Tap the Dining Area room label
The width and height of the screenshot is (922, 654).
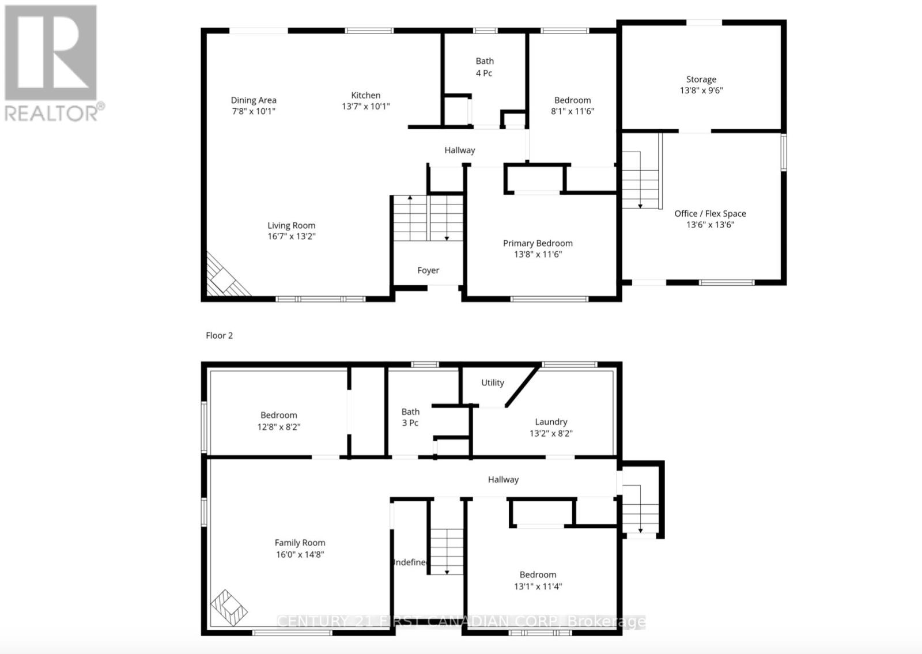pyautogui.click(x=254, y=100)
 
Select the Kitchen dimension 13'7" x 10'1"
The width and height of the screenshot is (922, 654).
pyautogui.click(x=366, y=107)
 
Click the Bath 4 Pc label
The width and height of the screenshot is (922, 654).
pyautogui.click(x=484, y=67)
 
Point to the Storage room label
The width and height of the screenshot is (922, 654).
pyautogui.click(x=701, y=80)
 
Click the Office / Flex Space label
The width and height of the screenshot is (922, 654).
pyautogui.click(x=710, y=214)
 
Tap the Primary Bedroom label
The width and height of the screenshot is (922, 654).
pyautogui.click(x=538, y=243)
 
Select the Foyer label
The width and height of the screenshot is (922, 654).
pyautogui.click(x=428, y=270)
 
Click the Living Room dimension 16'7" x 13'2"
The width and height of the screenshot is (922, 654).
pyautogui.click(x=292, y=236)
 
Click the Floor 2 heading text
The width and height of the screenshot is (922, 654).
pyautogui.click(x=219, y=335)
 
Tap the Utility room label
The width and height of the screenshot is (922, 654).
pyautogui.click(x=493, y=383)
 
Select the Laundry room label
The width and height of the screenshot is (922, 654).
pyautogui.click(x=551, y=422)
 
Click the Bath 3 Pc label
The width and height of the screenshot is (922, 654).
pyautogui.click(x=410, y=417)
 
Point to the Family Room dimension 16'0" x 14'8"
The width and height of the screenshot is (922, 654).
pyautogui.click(x=300, y=554)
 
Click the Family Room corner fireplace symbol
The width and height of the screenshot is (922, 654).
pyautogui.click(x=229, y=608)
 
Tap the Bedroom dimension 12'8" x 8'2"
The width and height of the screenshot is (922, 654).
pyautogui.click(x=279, y=427)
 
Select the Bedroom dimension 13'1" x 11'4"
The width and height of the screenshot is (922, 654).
pyautogui.click(x=538, y=587)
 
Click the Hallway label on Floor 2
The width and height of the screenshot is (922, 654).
pyautogui.click(x=503, y=479)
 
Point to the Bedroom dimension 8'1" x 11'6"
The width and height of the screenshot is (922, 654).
pyautogui.click(x=572, y=111)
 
